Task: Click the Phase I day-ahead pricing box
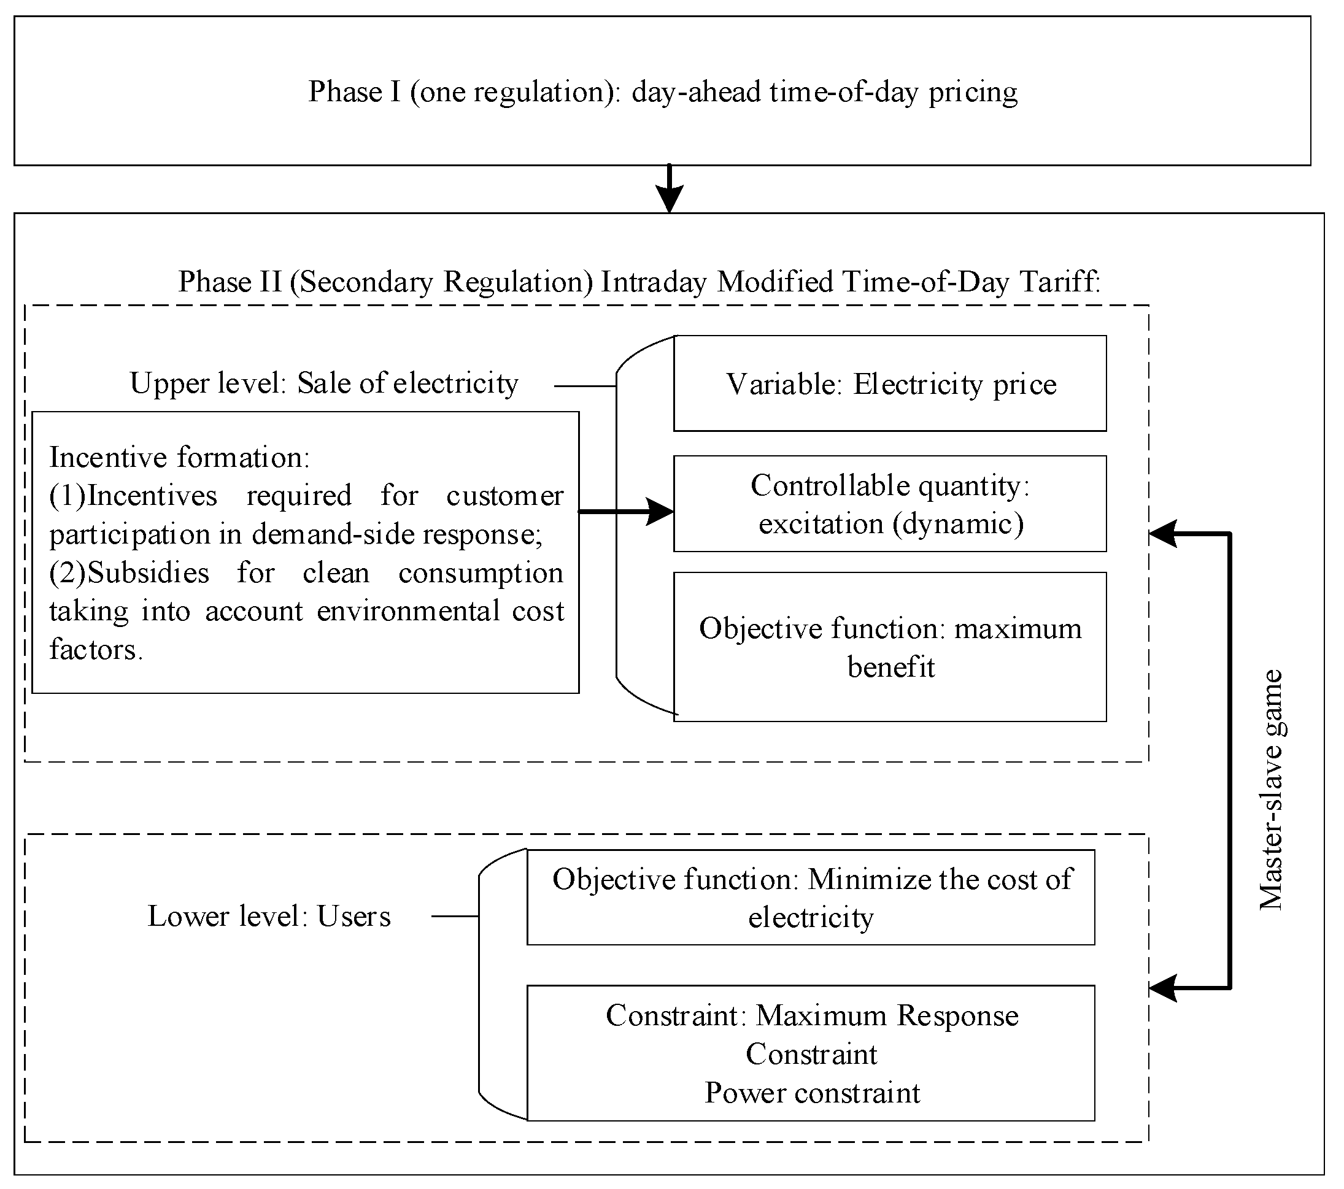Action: pos(662,91)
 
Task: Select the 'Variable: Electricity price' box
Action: pos(890,384)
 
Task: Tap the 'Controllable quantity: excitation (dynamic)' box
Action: pos(890,504)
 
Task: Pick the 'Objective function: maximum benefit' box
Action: pos(890,647)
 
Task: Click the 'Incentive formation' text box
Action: pos(306,553)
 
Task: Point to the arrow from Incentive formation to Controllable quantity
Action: pos(625,511)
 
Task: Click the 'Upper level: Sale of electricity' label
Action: pos(324,383)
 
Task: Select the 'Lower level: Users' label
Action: pos(269,916)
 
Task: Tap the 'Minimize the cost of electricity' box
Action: pos(811,898)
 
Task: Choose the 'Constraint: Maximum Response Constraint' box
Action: pos(811,1035)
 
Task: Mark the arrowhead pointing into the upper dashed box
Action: pos(1162,534)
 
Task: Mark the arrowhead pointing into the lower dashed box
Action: pos(1162,988)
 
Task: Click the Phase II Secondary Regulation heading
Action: pos(639,282)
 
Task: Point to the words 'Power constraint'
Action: pos(812,1093)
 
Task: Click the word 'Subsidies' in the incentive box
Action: pos(148,573)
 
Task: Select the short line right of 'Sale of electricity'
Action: pos(584,387)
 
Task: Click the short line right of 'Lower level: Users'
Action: pos(454,916)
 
